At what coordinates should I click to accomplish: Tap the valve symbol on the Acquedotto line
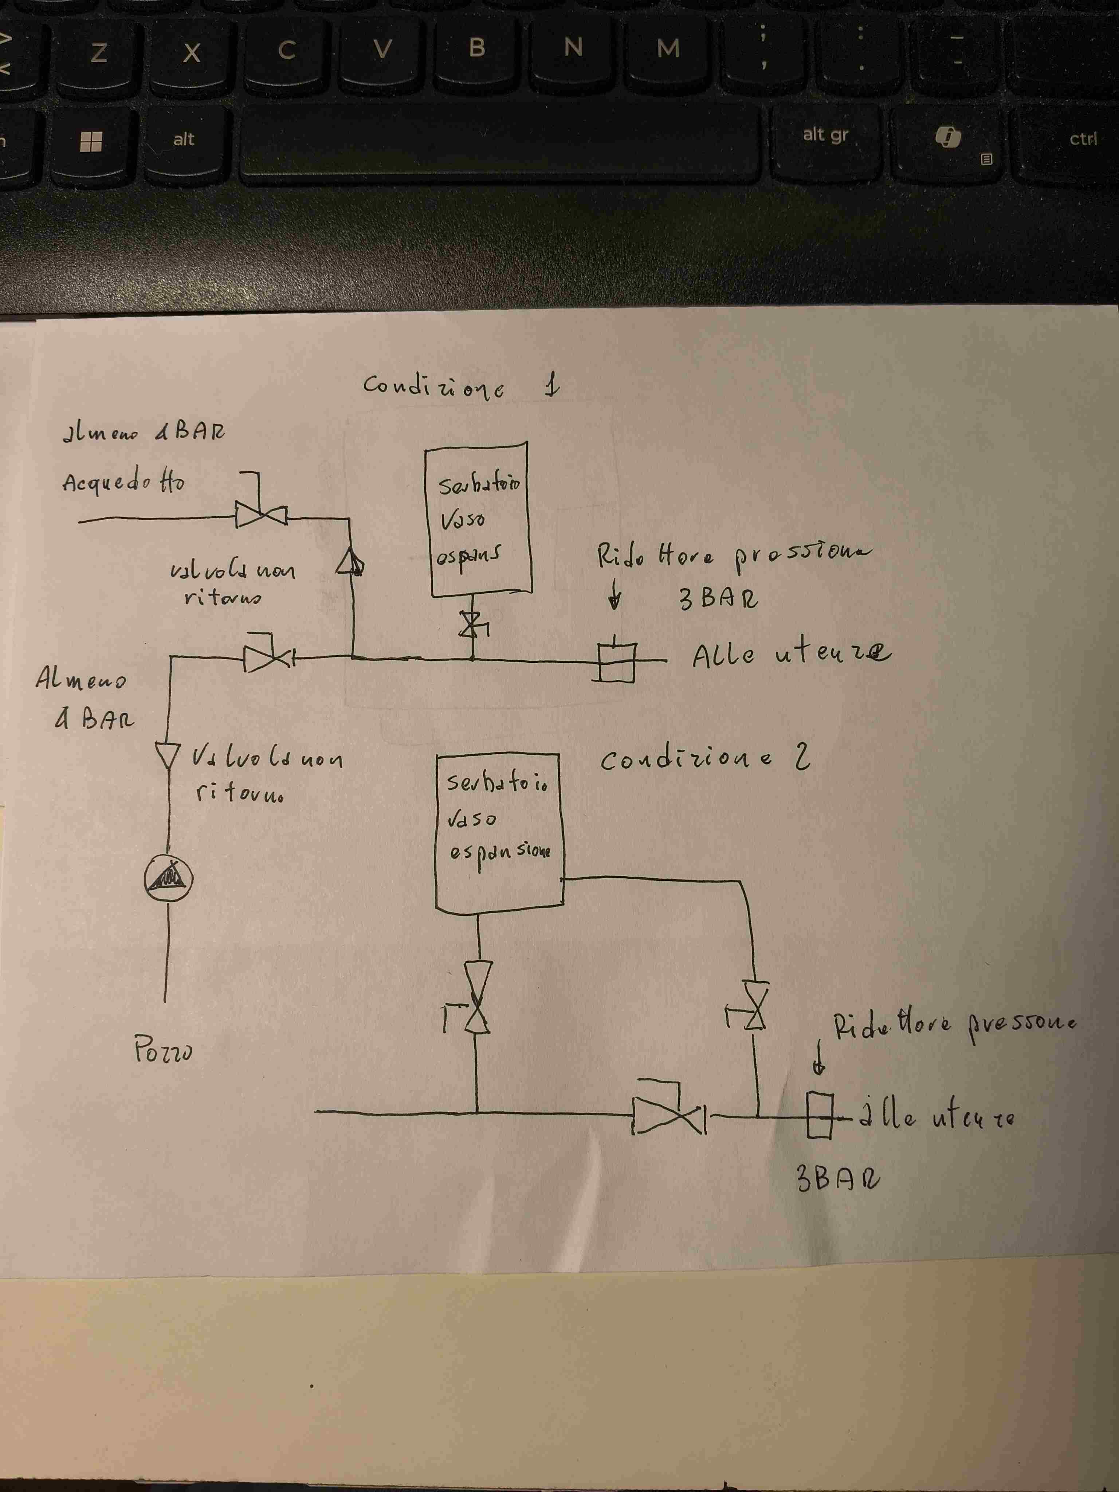click(x=261, y=517)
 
